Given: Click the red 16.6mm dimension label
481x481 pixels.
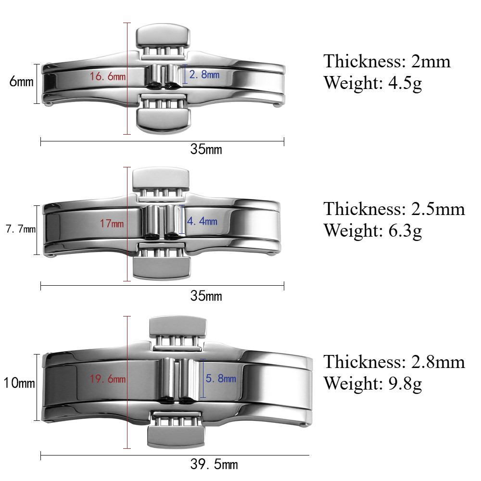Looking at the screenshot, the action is (x=108, y=76).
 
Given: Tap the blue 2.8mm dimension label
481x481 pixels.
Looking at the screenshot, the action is (x=204, y=74).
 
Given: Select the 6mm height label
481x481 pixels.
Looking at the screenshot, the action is (x=21, y=82).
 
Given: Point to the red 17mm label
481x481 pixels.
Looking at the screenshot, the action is (x=112, y=223).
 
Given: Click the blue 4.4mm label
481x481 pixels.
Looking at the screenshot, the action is (x=202, y=221).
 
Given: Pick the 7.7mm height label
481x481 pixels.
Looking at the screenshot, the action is (x=21, y=229).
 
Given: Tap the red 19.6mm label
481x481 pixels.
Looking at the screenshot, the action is (x=108, y=379).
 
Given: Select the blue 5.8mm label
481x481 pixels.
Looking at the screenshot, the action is (x=221, y=378).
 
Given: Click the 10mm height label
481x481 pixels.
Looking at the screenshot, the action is (x=19, y=383).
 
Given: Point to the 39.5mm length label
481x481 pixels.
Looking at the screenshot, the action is (x=214, y=464).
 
